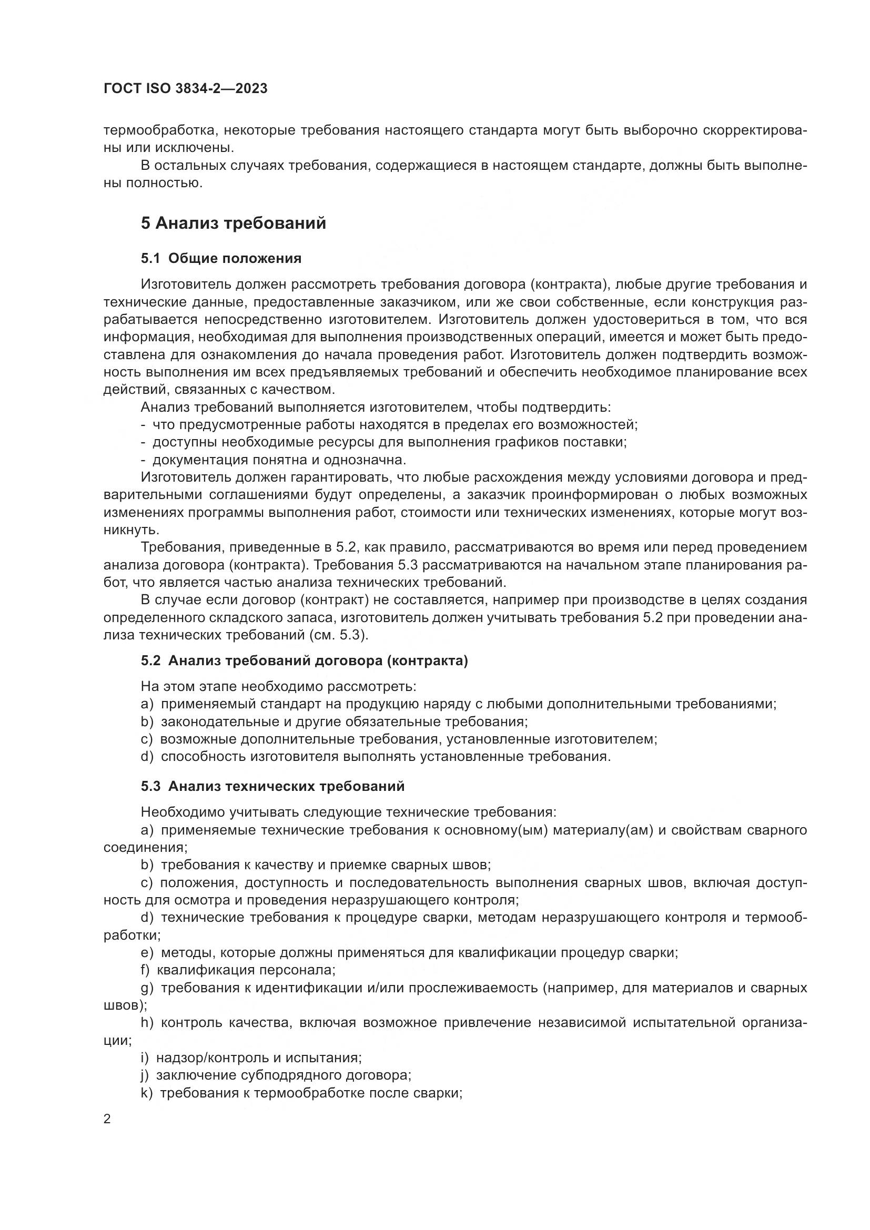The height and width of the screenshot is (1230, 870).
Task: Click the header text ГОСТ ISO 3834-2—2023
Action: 185,89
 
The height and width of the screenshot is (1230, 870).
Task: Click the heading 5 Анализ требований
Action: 233,223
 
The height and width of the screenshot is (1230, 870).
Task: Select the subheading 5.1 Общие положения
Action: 221,258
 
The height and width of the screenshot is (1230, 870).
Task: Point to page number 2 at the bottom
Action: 107,1119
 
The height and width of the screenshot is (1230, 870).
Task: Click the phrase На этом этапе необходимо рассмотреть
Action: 278,686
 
